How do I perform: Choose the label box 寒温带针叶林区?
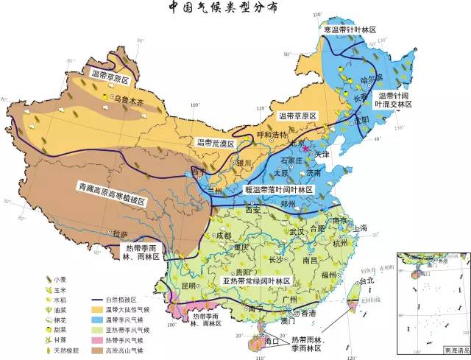[x=349, y=29]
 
